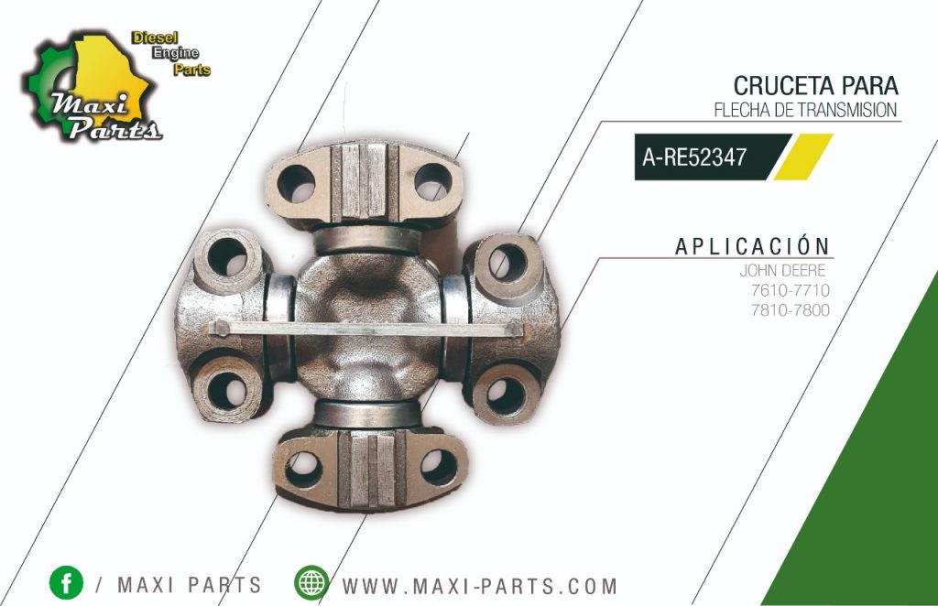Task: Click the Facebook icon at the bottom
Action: [66, 583]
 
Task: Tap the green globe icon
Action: [311, 583]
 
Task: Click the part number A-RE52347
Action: [694, 157]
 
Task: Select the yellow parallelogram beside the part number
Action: [802, 157]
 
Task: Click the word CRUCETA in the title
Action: [780, 86]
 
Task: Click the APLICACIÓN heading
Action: [752, 246]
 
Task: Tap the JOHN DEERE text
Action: [783, 271]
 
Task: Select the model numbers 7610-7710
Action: [789, 290]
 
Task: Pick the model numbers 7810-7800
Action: [789, 309]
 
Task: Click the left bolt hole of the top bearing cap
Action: [296, 183]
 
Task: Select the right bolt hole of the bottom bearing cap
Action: [439, 467]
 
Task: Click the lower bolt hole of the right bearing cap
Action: [504, 394]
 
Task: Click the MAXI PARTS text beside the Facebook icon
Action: [189, 585]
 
